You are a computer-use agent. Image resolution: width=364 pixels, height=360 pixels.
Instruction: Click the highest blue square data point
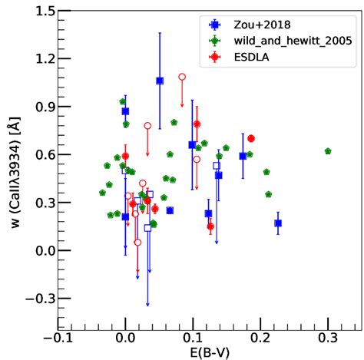tap(160, 81)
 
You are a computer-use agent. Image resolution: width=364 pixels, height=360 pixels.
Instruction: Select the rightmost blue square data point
tap(278, 223)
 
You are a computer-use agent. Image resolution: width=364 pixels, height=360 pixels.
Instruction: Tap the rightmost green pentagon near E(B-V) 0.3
tap(328, 151)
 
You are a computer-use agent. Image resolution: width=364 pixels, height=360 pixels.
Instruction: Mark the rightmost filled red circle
tap(251, 138)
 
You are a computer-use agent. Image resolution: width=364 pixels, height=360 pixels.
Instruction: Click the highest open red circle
tap(182, 77)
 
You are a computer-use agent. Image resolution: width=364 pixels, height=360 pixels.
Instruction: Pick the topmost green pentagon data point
tap(122, 101)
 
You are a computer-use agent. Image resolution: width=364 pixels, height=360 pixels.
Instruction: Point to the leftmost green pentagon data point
tap(102, 193)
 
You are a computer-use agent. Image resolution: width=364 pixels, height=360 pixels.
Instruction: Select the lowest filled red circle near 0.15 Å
tap(210, 226)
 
